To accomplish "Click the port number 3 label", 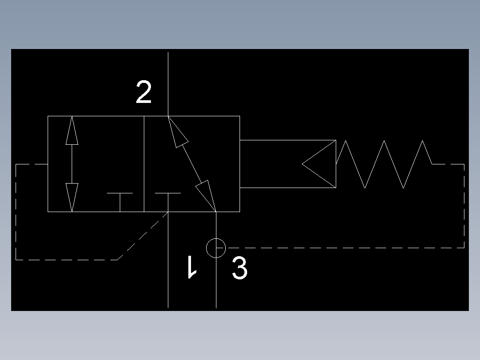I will click(x=240, y=269).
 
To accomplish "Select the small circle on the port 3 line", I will click(x=216, y=248).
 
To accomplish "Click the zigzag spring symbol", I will click(x=384, y=164).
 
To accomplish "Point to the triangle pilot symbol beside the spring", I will click(x=320, y=164).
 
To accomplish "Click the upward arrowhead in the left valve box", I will click(x=72, y=131).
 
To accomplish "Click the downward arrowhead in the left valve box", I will click(x=72, y=196).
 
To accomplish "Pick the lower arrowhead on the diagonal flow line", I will click(x=205, y=193).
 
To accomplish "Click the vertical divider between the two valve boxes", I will click(x=144, y=164).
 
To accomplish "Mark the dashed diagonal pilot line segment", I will click(x=142, y=235).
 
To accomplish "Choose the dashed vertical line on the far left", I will click(x=16, y=212).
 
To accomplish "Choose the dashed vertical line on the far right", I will click(x=464, y=205).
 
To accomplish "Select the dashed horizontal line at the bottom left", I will click(x=67, y=259).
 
